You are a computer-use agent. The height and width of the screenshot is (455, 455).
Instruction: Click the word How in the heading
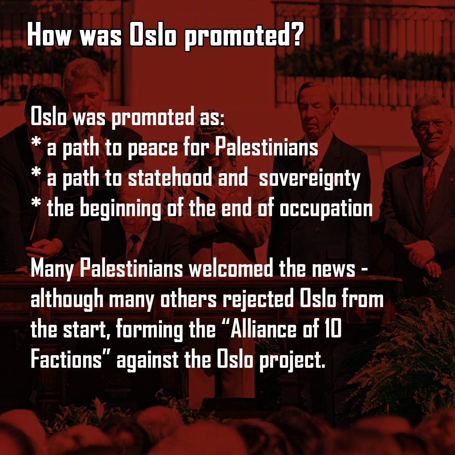pyautogui.click(x=49, y=35)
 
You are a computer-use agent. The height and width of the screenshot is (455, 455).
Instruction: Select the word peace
pyautogui.click(x=153, y=148)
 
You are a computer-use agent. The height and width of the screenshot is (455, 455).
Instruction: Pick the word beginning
pyautogui.click(x=120, y=208)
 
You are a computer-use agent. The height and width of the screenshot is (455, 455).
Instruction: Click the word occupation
pyautogui.click(x=326, y=208)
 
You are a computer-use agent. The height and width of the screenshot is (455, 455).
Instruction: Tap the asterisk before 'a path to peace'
pyautogui.click(x=36, y=142)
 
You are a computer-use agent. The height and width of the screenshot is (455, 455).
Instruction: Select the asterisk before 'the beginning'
pyautogui.click(x=36, y=202)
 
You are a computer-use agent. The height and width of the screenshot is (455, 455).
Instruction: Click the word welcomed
pyautogui.click(x=231, y=268)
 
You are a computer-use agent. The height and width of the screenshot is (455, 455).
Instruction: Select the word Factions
pyautogui.click(x=66, y=359)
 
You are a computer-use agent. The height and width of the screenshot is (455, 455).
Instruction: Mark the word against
pyautogui.click(x=148, y=360)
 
